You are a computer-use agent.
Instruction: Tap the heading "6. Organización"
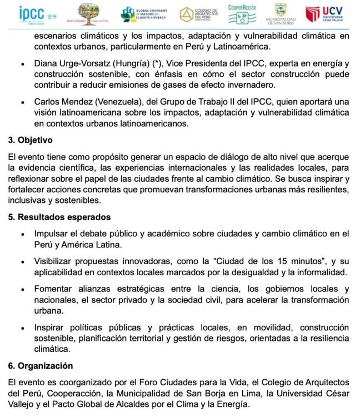coord(41,366)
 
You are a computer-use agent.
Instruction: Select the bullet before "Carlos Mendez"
coord(21,102)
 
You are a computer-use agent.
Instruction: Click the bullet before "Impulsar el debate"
coord(21,234)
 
